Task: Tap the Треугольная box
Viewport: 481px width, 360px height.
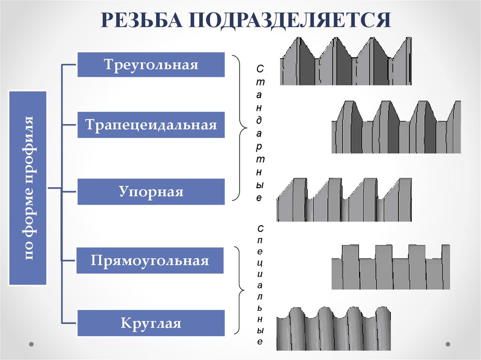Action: [x=151, y=64]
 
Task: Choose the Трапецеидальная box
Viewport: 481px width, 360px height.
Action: [x=151, y=125]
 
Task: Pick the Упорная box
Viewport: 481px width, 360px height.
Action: [x=151, y=191]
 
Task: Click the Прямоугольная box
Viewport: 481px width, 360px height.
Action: [x=150, y=260]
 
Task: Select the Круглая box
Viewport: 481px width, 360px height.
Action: [x=151, y=323]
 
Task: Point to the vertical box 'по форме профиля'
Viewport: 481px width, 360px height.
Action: [x=28, y=188]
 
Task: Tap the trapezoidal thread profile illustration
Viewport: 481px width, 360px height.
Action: [x=396, y=127]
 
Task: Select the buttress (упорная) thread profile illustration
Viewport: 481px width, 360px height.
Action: [x=344, y=199]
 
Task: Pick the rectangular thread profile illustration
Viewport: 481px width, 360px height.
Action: [x=390, y=267]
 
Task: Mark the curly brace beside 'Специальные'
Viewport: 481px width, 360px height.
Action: [x=241, y=293]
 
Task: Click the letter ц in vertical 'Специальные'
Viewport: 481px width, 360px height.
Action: [x=260, y=262]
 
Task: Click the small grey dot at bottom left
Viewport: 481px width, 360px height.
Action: [x=31, y=344]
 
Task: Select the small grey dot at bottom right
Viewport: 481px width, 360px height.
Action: [x=450, y=344]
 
